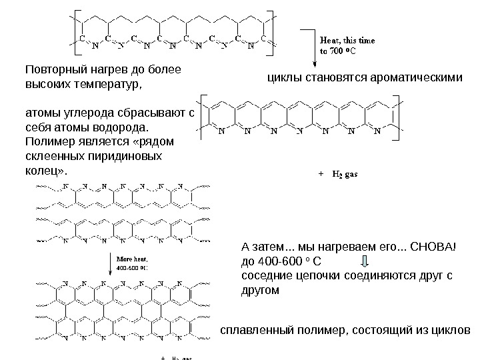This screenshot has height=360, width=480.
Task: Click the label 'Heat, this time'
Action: click(347, 39)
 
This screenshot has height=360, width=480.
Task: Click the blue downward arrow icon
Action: click(365, 261)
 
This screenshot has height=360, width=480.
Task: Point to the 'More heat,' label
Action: click(133, 257)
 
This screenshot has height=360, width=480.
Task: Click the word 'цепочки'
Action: click(319, 275)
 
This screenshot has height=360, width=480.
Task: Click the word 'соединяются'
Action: click(377, 275)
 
